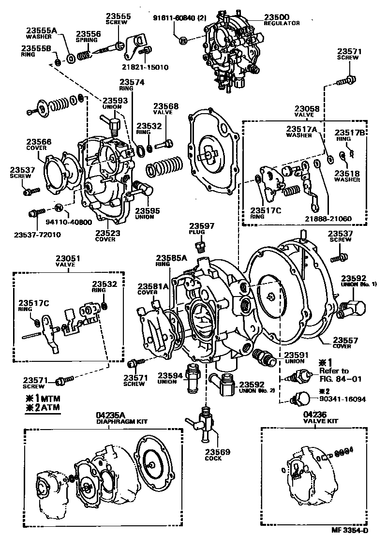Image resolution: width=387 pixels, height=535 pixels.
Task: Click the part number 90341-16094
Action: [x=342, y=400]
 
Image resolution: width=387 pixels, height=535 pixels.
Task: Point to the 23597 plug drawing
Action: [x=198, y=248]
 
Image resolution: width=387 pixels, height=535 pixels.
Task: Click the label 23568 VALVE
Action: [x=166, y=109]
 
